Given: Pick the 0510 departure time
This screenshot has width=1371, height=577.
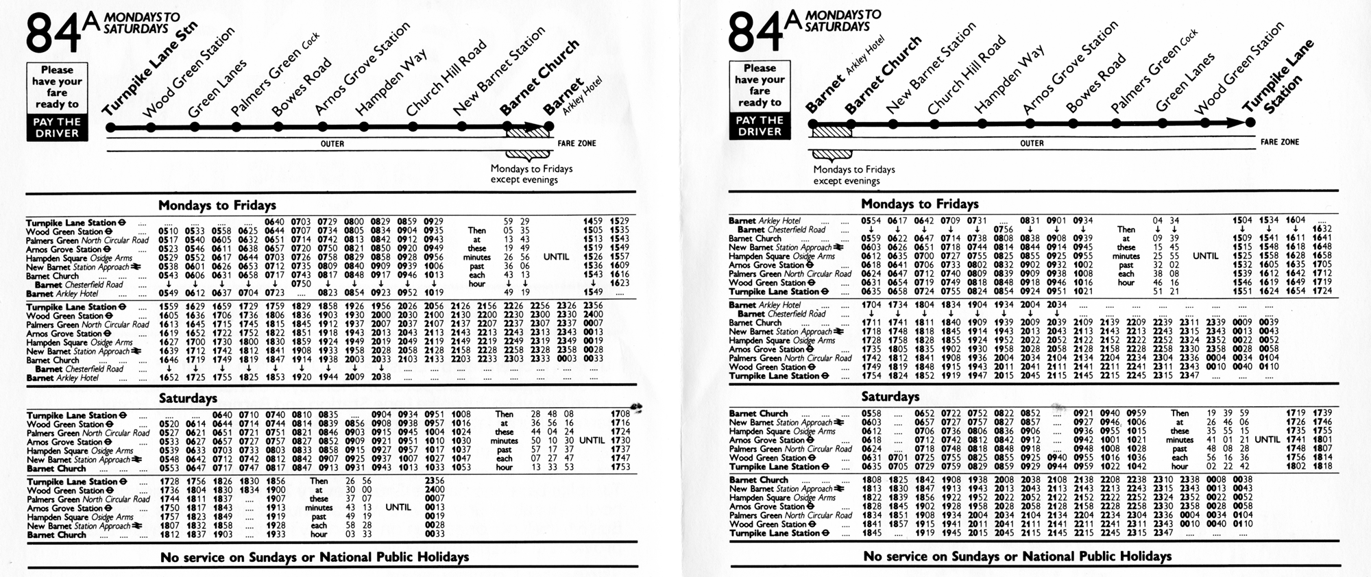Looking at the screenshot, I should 168,231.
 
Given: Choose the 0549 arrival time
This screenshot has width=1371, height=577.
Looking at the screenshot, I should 168,293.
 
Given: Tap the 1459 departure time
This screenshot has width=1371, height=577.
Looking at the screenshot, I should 593,221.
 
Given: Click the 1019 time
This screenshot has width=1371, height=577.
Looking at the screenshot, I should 434,293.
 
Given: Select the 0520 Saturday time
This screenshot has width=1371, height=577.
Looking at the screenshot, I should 168,424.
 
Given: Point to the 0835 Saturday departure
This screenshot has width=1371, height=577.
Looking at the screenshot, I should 328,415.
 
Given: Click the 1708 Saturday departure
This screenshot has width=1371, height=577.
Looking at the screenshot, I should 620,414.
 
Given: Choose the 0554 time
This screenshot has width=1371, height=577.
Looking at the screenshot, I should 871,220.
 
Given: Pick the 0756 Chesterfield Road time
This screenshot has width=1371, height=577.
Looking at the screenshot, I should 1003,230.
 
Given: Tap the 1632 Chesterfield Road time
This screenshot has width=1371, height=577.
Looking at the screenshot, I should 1322,229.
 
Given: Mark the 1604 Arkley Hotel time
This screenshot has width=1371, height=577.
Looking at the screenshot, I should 1295,220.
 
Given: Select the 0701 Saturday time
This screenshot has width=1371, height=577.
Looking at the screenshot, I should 898,458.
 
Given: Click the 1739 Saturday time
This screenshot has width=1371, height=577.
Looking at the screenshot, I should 1322,413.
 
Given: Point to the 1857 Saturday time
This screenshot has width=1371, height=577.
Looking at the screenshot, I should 898,524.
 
